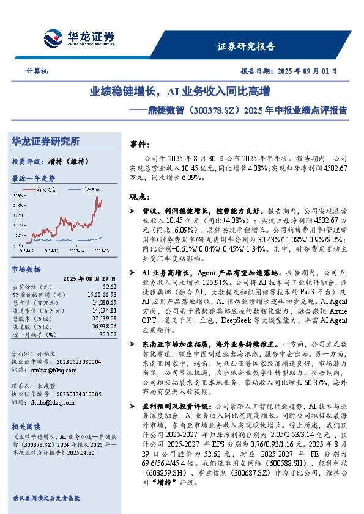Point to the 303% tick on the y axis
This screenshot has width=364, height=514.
[x=20, y=195]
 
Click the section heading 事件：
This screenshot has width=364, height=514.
[x=142, y=144]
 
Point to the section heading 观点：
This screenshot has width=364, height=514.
[x=142, y=197]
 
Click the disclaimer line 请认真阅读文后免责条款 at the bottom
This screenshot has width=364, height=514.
[x=46, y=498]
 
